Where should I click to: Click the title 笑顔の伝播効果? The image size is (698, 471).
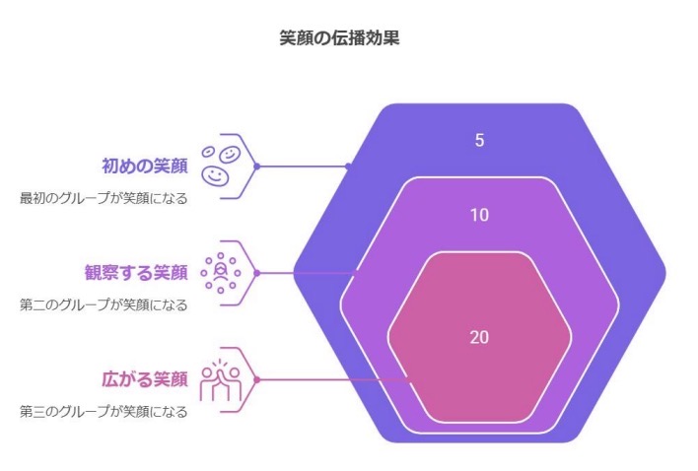pyautogui.click(x=339, y=38)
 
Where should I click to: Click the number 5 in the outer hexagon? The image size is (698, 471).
pyautogui.click(x=479, y=140)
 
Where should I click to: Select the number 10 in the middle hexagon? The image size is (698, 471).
pyautogui.click(x=479, y=215)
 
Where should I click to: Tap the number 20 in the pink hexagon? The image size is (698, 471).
pyautogui.click(x=479, y=337)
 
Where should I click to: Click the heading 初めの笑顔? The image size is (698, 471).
pyautogui.click(x=145, y=166)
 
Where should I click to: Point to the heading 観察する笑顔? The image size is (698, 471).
pyautogui.click(x=136, y=273)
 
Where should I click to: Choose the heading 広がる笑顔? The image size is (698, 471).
pyautogui.click(x=145, y=379)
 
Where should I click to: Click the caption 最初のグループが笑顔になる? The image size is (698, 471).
pyautogui.click(x=104, y=198)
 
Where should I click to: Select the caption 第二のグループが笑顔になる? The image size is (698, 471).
pyautogui.click(x=104, y=305)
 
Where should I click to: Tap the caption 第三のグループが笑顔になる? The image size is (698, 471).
pyautogui.click(x=104, y=412)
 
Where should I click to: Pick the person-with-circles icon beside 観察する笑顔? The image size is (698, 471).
pyautogui.click(x=221, y=273)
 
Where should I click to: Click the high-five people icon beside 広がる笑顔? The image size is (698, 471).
pyautogui.click(x=221, y=380)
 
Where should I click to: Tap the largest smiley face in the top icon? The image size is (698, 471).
pyautogui.click(x=216, y=174)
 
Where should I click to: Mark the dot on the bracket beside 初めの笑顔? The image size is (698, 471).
pyautogui.click(x=257, y=167)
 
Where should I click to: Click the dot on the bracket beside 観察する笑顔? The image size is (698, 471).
pyautogui.click(x=257, y=273)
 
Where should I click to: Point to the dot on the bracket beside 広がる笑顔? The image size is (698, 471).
pyautogui.click(x=257, y=379)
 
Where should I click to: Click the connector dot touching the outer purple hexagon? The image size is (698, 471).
pyautogui.click(x=349, y=167)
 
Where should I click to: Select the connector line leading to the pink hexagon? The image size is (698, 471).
pyautogui.click(x=333, y=380)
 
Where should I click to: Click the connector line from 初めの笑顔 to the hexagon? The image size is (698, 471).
pyautogui.click(x=303, y=167)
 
